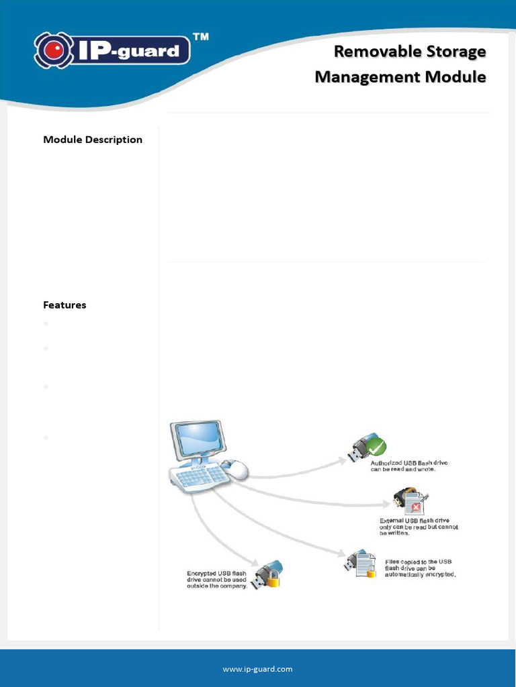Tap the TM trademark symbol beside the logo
coord(200,37)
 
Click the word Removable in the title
coord(377,51)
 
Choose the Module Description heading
coord(93,140)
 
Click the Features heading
coord(64,305)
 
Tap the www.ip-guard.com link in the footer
coord(258,669)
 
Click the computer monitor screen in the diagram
coord(198,439)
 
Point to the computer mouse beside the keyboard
coord(234,469)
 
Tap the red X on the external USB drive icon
coord(417,507)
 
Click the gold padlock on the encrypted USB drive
coord(273,580)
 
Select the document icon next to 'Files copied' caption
coord(365,564)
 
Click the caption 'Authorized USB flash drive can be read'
coord(409,466)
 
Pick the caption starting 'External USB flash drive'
coord(419,527)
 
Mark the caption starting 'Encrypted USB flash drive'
coord(216,580)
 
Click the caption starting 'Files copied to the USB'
coord(421,568)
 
